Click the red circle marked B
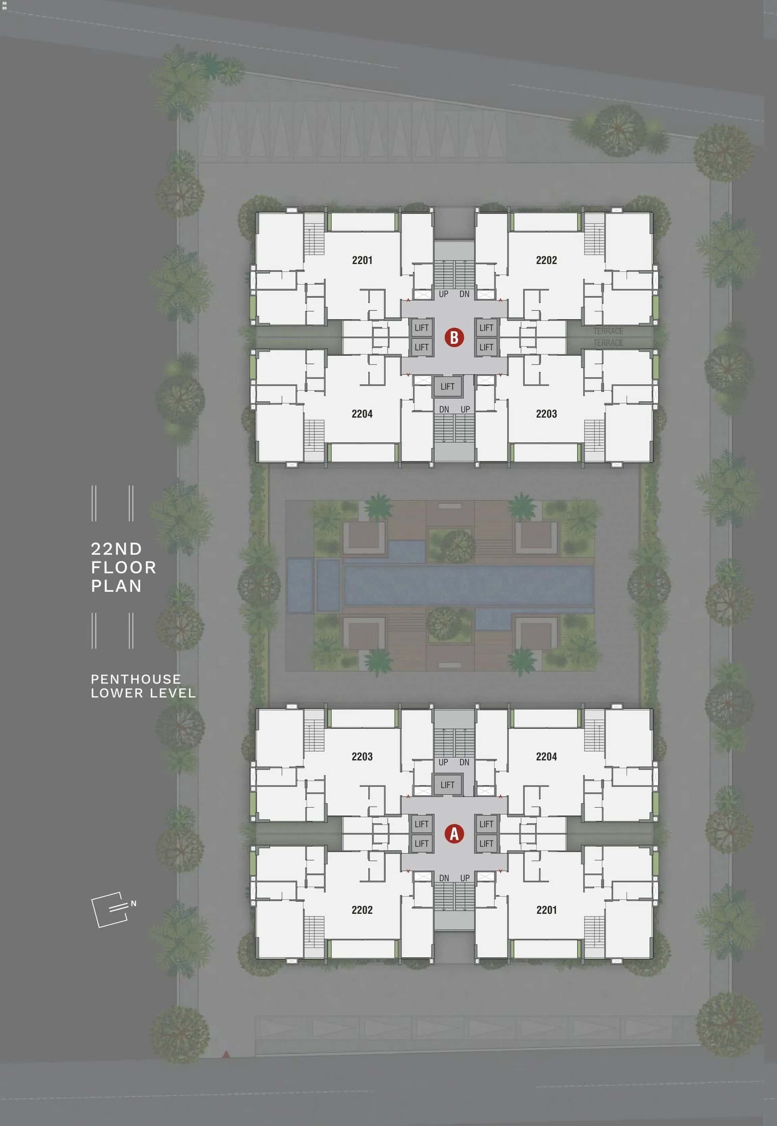click(454, 337)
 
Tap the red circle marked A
click(454, 834)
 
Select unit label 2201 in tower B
click(362, 260)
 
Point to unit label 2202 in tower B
click(546, 260)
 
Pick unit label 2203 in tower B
click(546, 414)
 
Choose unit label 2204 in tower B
click(362, 414)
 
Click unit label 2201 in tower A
click(546, 910)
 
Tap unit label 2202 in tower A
click(362, 910)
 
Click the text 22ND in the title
click(116, 549)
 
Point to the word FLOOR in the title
click(124, 568)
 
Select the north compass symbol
click(108, 909)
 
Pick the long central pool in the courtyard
click(467, 585)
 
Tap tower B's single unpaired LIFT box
click(447, 386)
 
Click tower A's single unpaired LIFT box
click(447, 784)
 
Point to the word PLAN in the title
click(116, 586)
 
